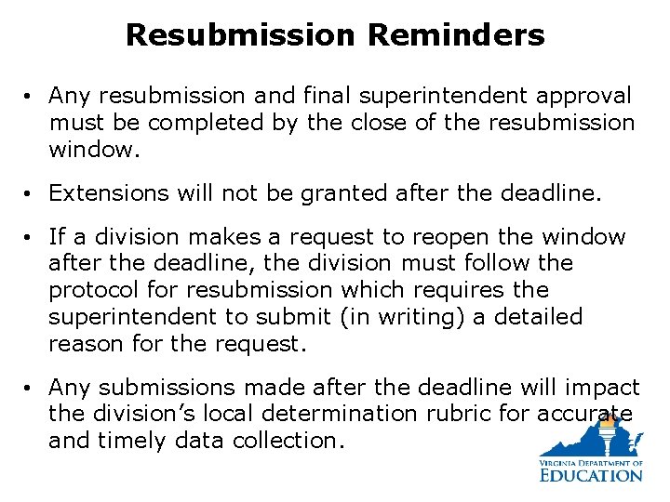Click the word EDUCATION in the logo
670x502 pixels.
591,475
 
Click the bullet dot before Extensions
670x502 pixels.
32,193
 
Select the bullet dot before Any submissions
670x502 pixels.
32,388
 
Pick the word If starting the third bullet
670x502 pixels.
58,237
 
